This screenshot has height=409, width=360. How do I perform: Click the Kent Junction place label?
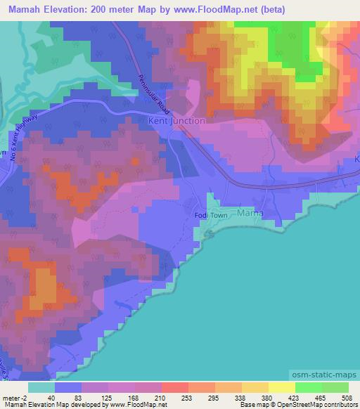click(177, 121)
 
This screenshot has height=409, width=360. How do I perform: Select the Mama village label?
click(250, 212)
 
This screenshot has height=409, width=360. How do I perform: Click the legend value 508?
click(348, 397)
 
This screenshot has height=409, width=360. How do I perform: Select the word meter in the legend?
click(10, 397)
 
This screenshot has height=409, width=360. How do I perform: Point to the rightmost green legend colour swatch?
click(335, 387)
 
